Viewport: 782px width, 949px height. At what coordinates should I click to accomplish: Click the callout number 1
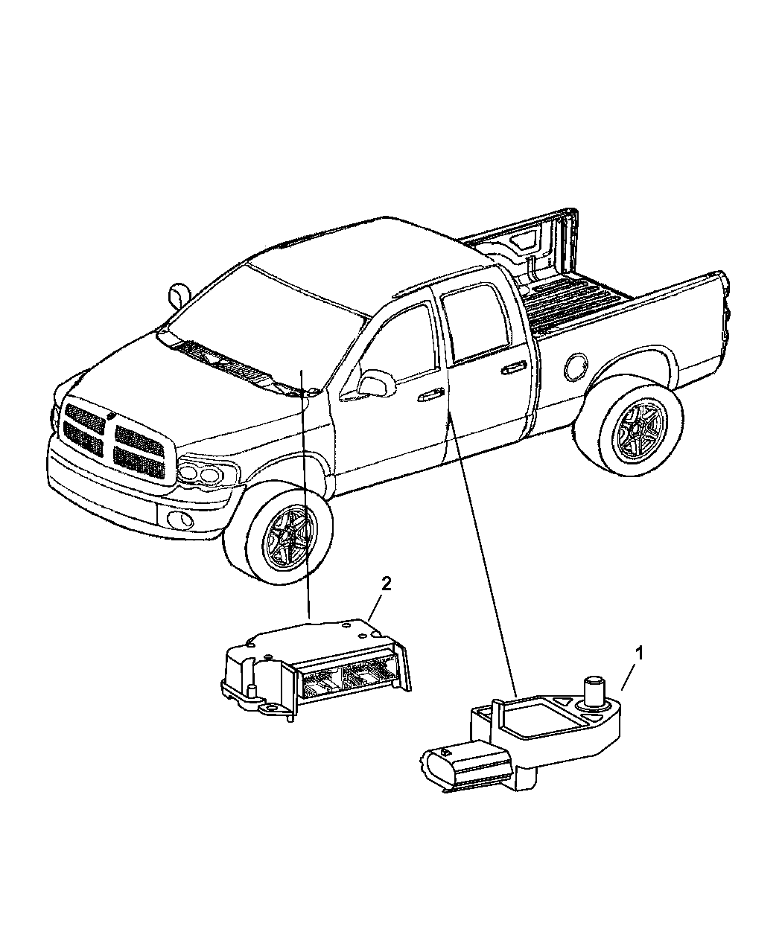click(638, 653)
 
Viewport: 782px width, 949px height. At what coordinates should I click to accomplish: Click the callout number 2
click(385, 584)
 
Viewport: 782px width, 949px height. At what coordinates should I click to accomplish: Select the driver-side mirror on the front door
click(375, 383)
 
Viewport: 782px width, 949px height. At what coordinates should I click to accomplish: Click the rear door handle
click(512, 367)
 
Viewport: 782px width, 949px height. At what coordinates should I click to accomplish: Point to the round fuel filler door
click(576, 365)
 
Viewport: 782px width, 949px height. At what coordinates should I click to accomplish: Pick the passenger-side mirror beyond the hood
click(177, 294)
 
